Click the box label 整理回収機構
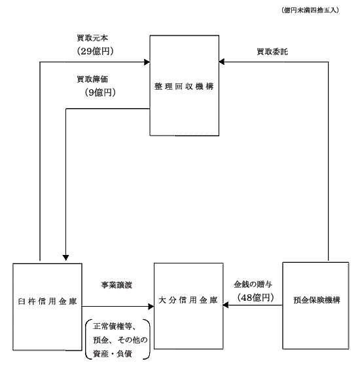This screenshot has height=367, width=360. [x=184, y=87]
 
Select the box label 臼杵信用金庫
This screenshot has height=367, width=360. [x=47, y=301]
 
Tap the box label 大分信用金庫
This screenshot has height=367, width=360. [x=189, y=300]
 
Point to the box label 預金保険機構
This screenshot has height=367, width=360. [x=317, y=300]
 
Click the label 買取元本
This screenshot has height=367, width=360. [x=92, y=38]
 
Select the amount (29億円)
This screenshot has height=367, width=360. [x=96, y=51]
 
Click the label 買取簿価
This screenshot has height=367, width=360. [x=92, y=79]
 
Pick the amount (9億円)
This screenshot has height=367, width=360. [x=100, y=92]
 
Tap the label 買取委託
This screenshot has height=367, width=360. [x=272, y=52]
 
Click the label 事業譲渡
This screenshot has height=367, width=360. [x=117, y=285]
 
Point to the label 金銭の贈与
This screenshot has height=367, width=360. [x=253, y=284]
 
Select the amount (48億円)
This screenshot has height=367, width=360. [x=255, y=298]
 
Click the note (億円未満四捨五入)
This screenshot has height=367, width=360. [x=310, y=10]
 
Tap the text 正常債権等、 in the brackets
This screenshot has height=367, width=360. [x=115, y=326]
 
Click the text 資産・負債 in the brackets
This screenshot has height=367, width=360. [x=113, y=354]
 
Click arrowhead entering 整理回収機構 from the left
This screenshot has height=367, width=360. [x=147, y=62]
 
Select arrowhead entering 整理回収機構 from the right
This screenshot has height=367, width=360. [x=222, y=62]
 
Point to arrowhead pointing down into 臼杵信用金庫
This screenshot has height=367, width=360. [x=66, y=258]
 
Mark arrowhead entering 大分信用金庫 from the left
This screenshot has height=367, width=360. [x=151, y=307]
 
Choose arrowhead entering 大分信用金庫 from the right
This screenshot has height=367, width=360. [x=226, y=305]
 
